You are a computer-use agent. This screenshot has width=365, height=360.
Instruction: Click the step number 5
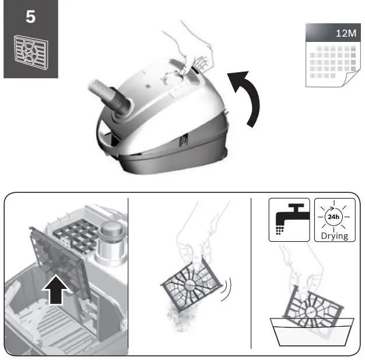click(x=30, y=17)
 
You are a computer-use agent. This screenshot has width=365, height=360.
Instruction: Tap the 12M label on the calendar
click(x=346, y=33)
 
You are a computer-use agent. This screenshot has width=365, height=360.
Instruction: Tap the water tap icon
click(x=289, y=219)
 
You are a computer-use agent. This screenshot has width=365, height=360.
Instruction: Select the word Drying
click(x=335, y=236)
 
